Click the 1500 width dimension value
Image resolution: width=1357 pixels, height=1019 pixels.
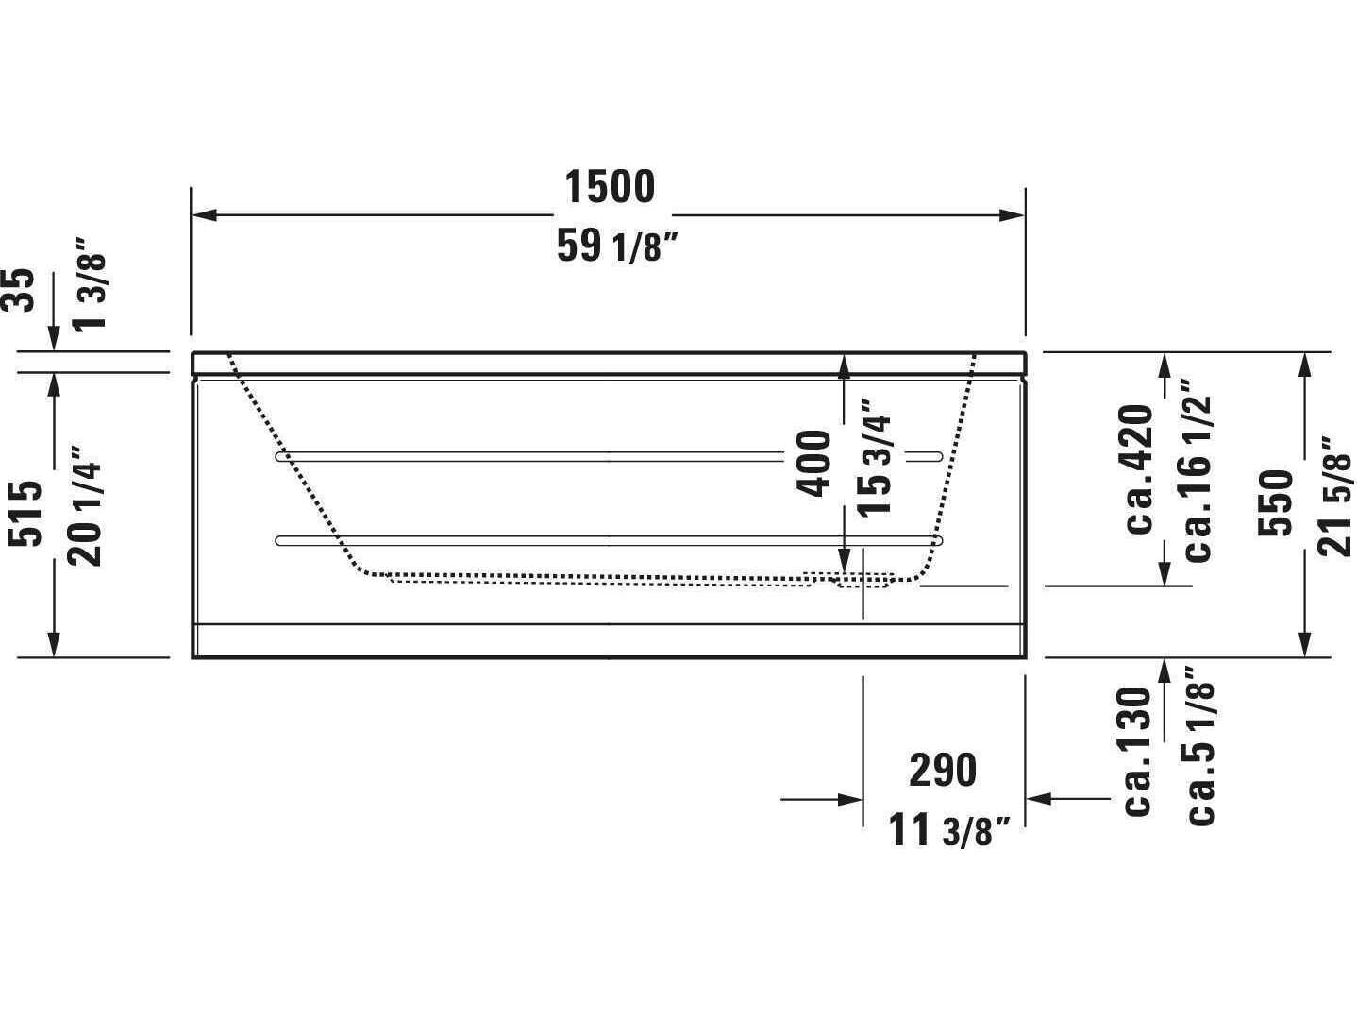[x=610, y=187]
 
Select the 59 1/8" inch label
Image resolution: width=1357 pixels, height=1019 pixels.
[x=618, y=247]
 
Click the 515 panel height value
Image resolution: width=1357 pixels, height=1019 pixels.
[x=26, y=513]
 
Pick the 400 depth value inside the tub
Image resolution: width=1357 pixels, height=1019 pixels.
[x=814, y=463]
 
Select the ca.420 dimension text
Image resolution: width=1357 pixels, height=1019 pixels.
[x=1140, y=468]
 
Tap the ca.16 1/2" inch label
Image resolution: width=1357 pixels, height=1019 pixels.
[x=1198, y=471]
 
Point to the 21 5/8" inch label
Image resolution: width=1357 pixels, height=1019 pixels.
[x=1337, y=496]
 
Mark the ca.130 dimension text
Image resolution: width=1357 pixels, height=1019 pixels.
[x=1140, y=751]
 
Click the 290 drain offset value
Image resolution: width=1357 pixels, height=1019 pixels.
[x=943, y=771]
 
